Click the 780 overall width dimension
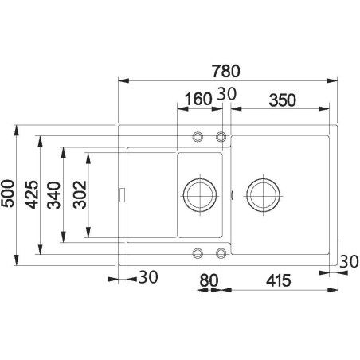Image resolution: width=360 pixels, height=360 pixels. pyautogui.click(x=225, y=69)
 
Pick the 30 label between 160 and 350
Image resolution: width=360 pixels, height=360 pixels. pyautogui.click(x=226, y=94)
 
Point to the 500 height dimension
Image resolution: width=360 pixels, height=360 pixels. pyautogui.click(x=9, y=194)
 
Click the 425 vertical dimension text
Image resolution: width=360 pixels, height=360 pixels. pyautogui.click(x=31, y=194)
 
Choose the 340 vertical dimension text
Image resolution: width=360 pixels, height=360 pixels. pyautogui.click(x=53, y=194)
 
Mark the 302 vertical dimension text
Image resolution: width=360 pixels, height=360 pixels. pyautogui.click(x=78, y=194)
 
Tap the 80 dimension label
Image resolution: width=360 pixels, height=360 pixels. pyautogui.click(x=209, y=280)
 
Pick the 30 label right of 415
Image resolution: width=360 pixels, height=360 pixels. pyautogui.click(x=347, y=260)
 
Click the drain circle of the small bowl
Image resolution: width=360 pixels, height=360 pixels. pyautogui.click(x=199, y=194)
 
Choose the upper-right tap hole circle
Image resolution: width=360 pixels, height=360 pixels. pyautogui.click(x=221, y=135)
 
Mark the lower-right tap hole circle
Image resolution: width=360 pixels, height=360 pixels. pyautogui.click(x=221, y=253)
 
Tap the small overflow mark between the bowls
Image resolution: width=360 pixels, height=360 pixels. pyautogui.click(x=231, y=194)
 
